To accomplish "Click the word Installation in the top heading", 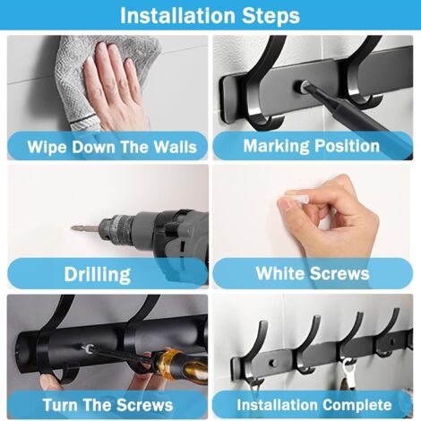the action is (177, 15).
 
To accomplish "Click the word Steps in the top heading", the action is (271, 16).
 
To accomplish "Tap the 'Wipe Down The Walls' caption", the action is (112, 147).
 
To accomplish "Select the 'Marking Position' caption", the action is (312, 146).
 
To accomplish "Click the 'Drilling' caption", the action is (98, 274).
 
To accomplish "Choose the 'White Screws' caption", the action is (313, 273).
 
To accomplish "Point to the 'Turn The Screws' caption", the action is (107, 405).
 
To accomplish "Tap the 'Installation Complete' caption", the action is (314, 405).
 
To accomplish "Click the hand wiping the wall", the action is (114, 87).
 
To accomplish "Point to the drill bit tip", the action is (72, 228).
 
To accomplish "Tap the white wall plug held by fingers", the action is (296, 198).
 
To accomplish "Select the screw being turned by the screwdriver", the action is (87, 348).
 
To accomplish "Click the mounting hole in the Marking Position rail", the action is (300, 87).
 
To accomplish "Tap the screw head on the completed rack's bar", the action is (273, 363).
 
